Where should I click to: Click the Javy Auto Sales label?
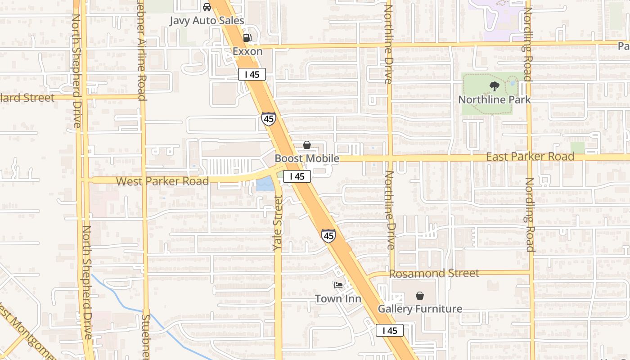point(207,21)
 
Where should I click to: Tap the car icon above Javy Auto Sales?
point(207,7)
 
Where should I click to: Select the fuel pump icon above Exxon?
point(247,38)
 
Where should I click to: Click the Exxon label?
point(247,51)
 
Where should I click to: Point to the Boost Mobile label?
point(307,158)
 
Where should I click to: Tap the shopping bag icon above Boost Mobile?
point(307,145)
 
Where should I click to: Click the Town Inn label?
point(338,298)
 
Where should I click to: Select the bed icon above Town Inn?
point(338,285)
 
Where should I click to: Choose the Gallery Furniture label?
point(420,309)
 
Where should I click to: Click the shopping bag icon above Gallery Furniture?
point(420,296)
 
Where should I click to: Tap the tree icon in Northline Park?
point(495,86)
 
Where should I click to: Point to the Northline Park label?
point(495,99)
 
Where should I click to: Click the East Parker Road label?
point(530,157)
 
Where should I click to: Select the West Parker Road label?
point(162,181)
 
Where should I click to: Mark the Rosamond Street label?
point(434,273)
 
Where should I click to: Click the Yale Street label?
point(278,223)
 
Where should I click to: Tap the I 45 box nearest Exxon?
point(252,74)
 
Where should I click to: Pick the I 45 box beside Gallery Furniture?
point(390,330)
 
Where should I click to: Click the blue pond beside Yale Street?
point(265,184)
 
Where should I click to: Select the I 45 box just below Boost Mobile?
point(297,176)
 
